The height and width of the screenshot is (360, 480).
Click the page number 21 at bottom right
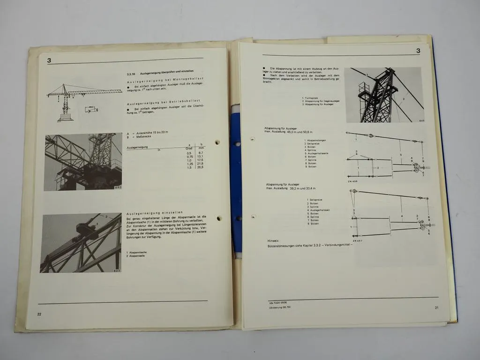pos(436,307)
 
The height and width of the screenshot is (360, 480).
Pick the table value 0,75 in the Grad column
pos(188,157)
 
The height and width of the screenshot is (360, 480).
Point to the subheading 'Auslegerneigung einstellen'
pos(154,212)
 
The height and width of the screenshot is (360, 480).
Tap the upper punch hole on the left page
pos(218,142)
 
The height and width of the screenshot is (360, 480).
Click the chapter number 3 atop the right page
pos(418,51)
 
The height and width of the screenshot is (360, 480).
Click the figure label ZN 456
pos(352,181)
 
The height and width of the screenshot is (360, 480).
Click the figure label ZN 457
pos(358,240)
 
